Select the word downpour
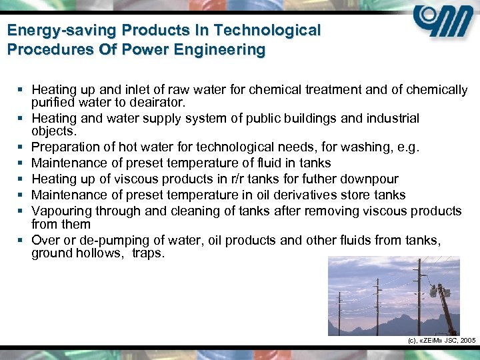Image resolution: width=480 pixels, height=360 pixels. tap(371, 179)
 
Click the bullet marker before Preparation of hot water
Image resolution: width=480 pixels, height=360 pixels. tap(22, 147)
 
